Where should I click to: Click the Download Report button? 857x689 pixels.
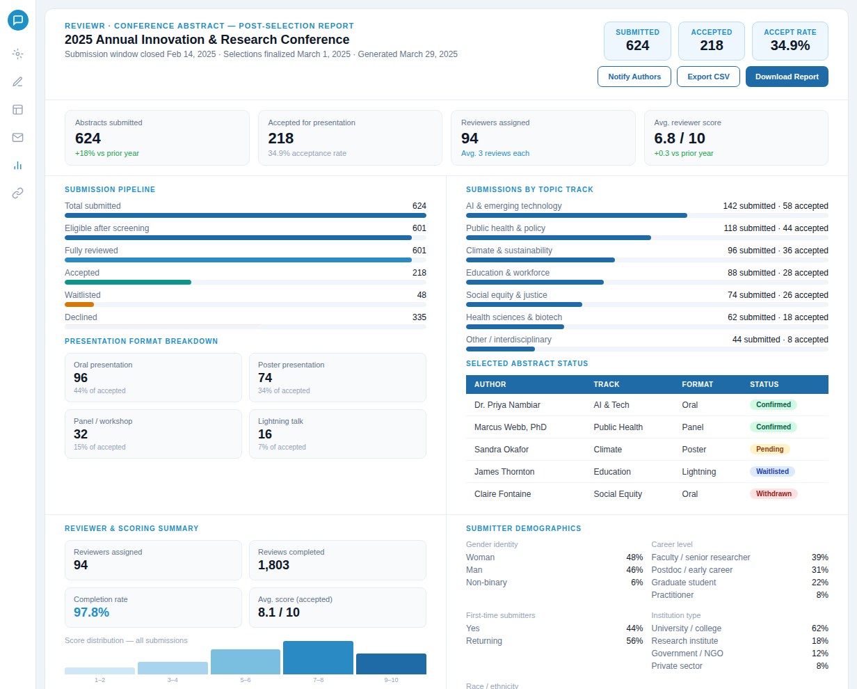coord(787,77)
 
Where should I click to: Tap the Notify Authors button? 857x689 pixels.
coord(634,77)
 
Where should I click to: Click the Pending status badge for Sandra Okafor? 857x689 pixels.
coord(770,449)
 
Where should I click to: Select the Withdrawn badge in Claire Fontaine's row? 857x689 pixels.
coord(774,493)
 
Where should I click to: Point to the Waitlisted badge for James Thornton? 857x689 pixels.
coord(772,471)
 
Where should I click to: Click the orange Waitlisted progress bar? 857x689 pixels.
coord(79,304)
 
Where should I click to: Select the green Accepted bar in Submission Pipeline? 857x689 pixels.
coord(128,282)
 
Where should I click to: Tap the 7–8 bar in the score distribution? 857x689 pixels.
coord(318,658)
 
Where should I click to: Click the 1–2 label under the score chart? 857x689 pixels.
coord(99,680)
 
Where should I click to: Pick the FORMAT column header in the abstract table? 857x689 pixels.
coord(697,384)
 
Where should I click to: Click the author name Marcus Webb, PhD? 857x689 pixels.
coord(510,427)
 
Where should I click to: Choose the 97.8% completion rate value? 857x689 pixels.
coord(91,612)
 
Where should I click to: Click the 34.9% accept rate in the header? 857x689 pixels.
coord(790,46)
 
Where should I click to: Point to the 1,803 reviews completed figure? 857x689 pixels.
coord(273,565)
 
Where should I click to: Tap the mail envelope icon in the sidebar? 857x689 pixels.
coord(18,137)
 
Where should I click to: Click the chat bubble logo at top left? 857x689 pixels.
coord(18,20)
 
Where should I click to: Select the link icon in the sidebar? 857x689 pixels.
coord(18,193)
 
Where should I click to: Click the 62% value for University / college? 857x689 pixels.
coord(819,628)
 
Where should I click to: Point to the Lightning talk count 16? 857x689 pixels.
coord(265,434)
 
